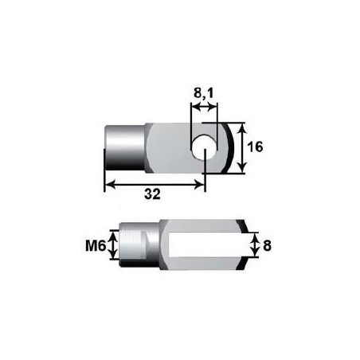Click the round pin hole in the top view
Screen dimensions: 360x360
pyautogui.click(x=205, y=147)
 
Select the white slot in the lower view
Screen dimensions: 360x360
pyautogui.click(x=202, y=246)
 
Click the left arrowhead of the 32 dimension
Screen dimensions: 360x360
pyautogui.click(x=110, y=183)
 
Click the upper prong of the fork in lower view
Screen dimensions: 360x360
pyautogui.click(x=202, y=227)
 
